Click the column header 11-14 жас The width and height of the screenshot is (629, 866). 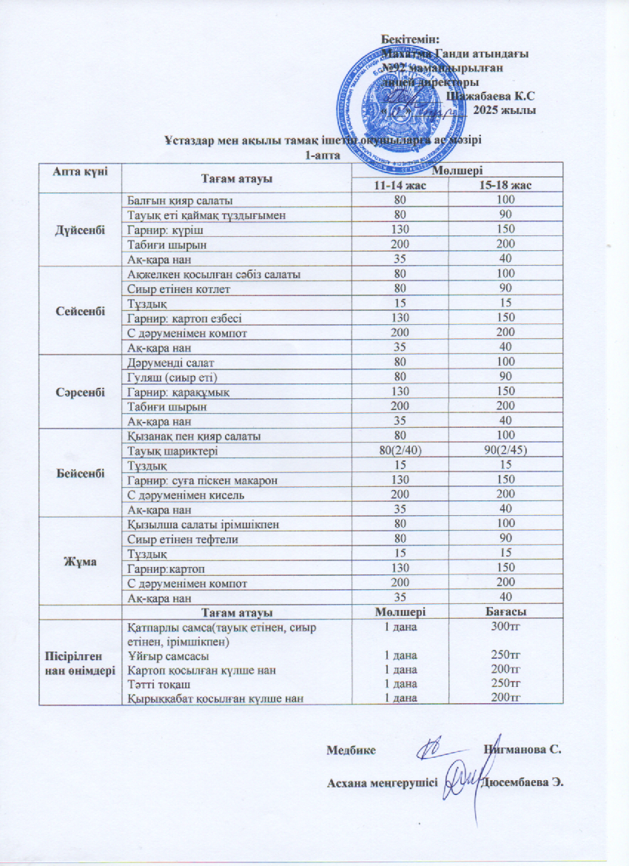tap(400, 185)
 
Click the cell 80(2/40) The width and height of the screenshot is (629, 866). tap(400, 451)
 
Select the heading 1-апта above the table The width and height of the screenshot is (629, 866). tap(323, 154)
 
